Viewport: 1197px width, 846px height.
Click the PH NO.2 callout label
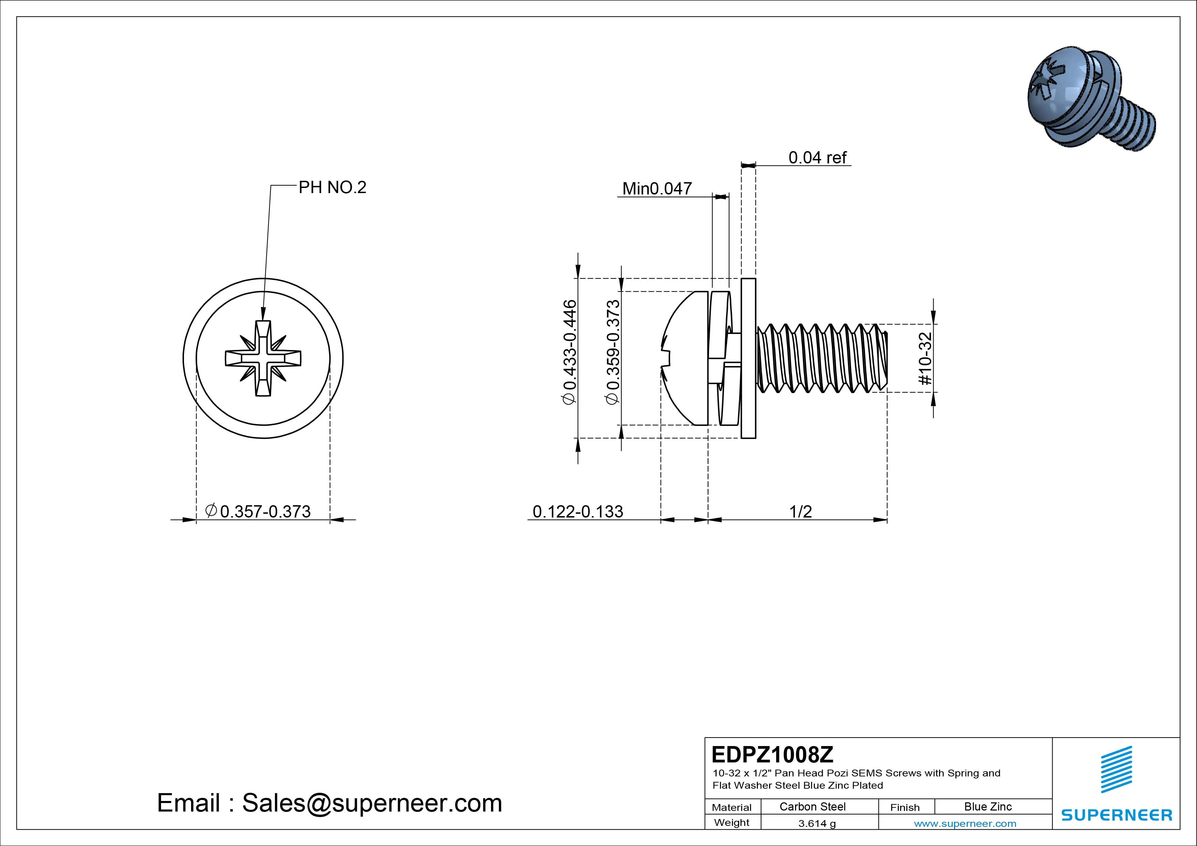(332, 187)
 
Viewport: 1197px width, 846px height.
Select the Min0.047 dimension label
(657, 188)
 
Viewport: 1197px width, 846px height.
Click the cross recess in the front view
(263, 359)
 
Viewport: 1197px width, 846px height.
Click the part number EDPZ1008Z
(772, 754)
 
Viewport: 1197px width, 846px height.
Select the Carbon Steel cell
(812, 806)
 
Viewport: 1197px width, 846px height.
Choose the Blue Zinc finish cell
(987, 806)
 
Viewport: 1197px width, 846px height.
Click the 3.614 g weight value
(817, 823)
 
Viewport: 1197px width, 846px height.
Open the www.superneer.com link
(965, 823)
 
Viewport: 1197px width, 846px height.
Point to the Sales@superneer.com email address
(372, 803)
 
